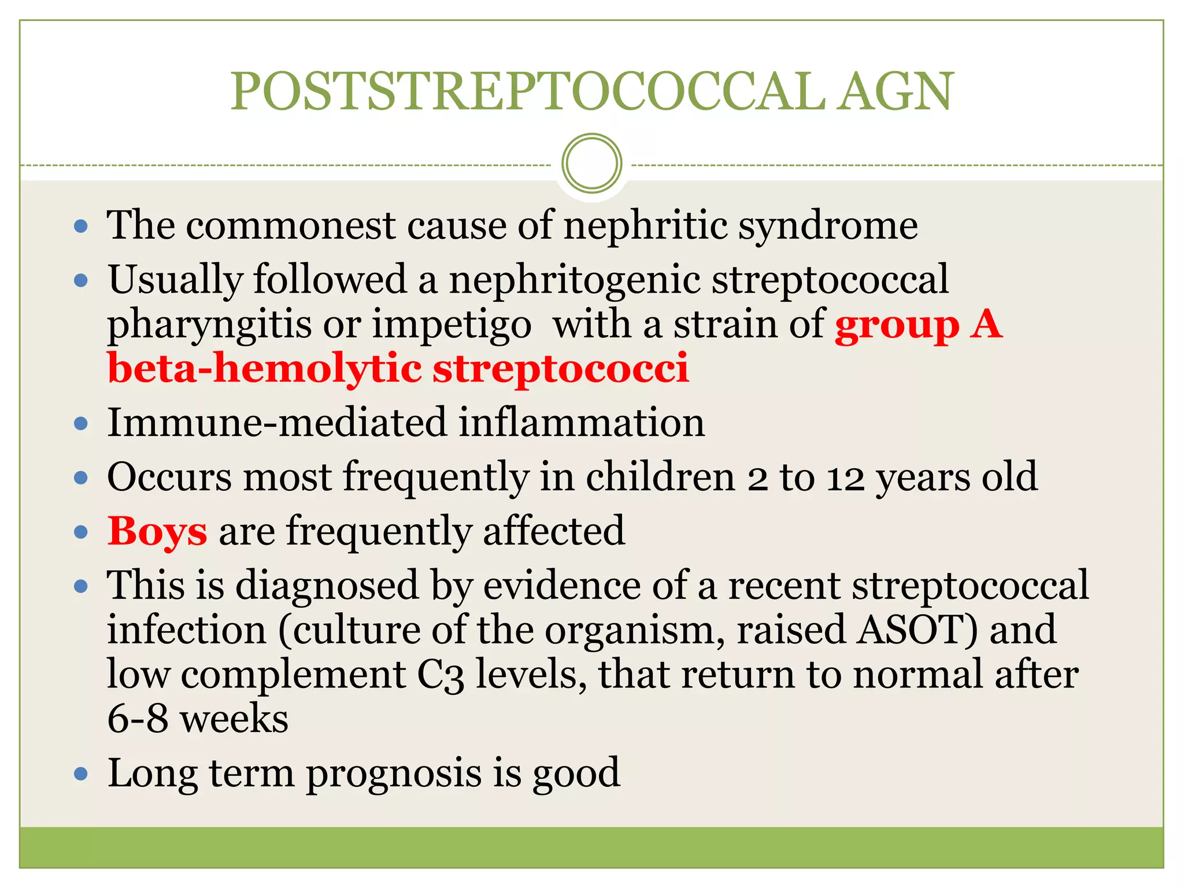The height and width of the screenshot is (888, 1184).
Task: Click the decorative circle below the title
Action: [591, 164]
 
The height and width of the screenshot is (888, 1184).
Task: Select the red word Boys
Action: [157, 531]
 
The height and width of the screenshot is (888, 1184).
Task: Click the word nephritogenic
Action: [575, 279]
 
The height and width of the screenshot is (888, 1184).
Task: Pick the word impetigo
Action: [452, 325]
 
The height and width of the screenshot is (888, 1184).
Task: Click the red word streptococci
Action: [561, 369]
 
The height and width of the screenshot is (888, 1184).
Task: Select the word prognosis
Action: [394, 774]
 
